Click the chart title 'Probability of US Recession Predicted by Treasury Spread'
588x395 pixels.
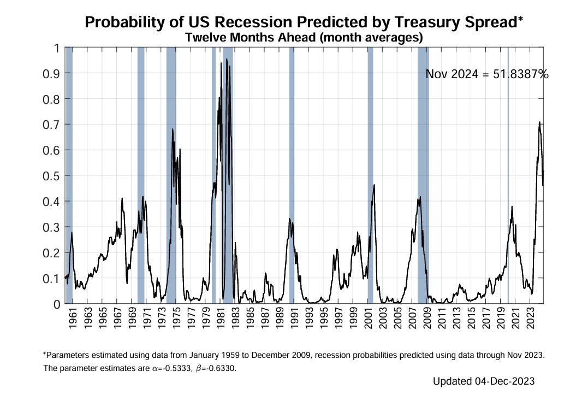(304, 22)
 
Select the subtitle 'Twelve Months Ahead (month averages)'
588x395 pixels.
(304, 38)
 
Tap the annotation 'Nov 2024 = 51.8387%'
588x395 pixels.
(486, 74)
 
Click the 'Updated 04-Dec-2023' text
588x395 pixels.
(483, 381)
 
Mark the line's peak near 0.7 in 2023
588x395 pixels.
(539, 122)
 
